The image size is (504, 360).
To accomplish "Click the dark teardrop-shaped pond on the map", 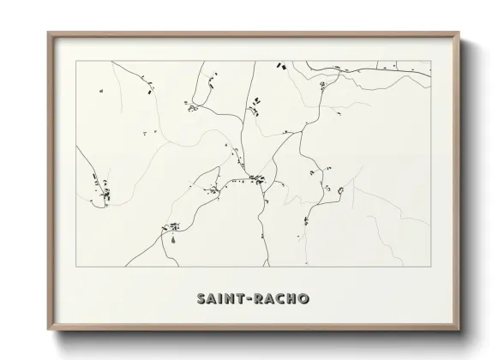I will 171,240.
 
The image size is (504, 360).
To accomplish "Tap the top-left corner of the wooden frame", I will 47,32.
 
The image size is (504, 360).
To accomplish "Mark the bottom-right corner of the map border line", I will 429,267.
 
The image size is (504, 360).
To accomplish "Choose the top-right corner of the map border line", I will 429,62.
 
